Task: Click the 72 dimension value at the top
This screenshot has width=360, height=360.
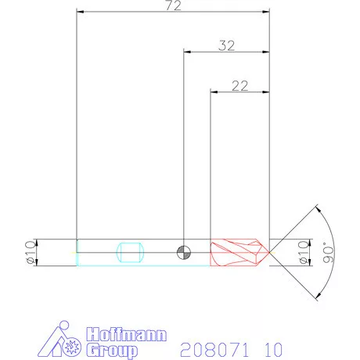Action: pos(174,6)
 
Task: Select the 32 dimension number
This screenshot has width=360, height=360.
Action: pos(226,45)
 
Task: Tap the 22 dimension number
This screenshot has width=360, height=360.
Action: pos(240,85)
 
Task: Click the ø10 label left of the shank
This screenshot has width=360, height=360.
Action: pos(31,251)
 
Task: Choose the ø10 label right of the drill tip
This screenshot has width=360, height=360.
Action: pos(304,251)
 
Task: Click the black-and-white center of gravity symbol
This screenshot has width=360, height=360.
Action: pos(183,251)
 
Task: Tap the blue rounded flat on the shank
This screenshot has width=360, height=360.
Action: pos(129,252)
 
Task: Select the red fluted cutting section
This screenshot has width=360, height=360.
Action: pos(239,251)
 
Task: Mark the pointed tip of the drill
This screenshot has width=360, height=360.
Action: pos(270,251)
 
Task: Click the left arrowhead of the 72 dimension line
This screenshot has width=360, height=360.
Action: pos(80,13)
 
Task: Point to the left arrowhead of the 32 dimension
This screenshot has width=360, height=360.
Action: pos(186,52)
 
